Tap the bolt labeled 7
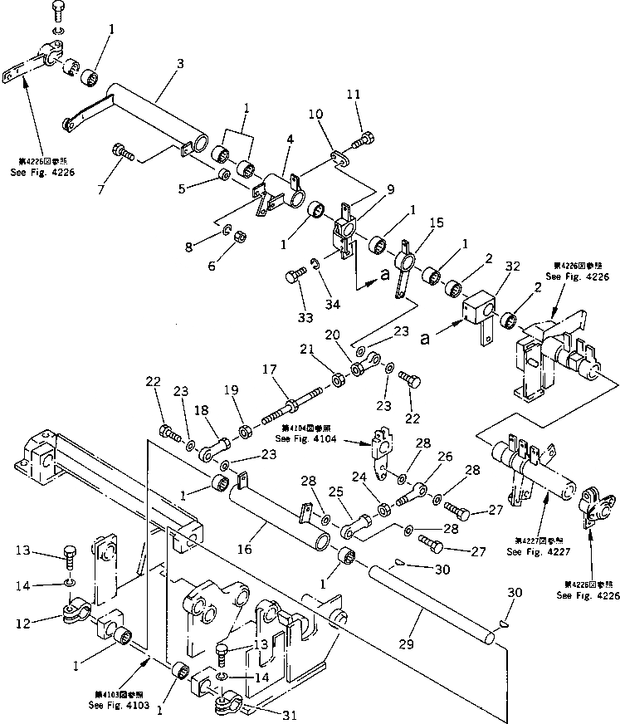[124, 151]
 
